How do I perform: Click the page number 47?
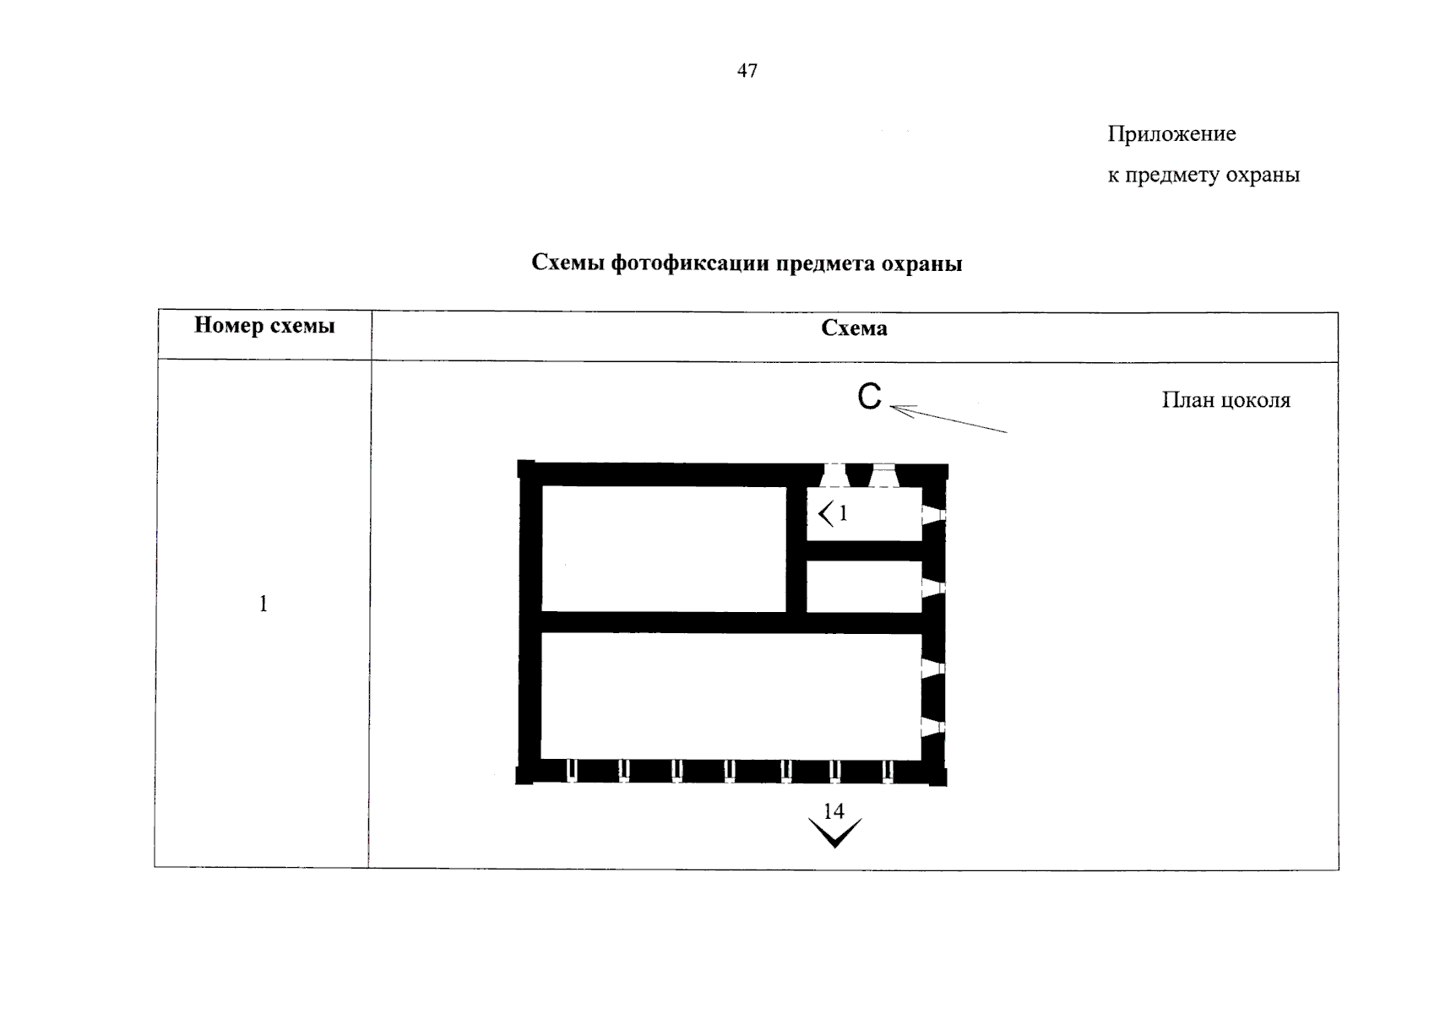pos(747,71)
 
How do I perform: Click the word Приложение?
pos(1171,134)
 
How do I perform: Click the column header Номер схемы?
pos(264,326)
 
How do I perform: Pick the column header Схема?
pos(854,328)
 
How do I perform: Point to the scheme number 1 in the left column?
pos(264,604)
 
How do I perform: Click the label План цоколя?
pos(1225,400)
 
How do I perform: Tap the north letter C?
pos(869,397)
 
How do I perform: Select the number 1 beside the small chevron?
pos(843,512)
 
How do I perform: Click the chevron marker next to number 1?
pos(826,512)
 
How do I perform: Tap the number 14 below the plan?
pos(834,811)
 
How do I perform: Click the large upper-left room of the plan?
pos(664,548)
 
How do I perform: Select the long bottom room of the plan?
pos(731,696)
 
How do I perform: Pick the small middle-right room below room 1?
pos(863,587)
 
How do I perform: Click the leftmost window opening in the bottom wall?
pos(572,771)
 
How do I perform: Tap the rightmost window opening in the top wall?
pos(884,476)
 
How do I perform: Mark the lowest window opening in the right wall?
pos(932,728)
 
